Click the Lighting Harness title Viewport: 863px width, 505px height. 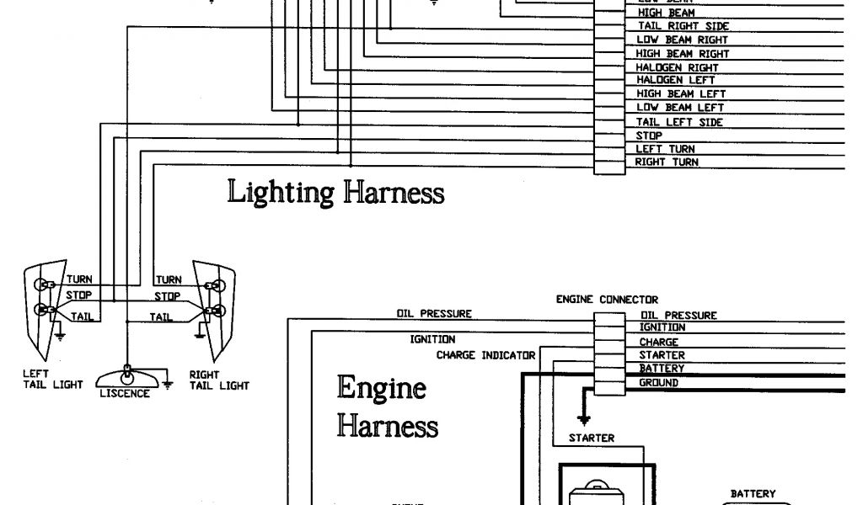point(335,193)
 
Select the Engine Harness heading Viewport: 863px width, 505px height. point(387,407)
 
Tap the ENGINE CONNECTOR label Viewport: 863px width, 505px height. point(607,299)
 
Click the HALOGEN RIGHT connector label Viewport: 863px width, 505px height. point(677,67)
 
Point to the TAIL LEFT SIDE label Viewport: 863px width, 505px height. point(679,122)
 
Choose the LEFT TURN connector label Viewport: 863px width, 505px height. point(665,149)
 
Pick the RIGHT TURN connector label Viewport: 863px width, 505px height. point(667,162)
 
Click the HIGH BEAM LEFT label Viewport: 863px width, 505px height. point(680,94)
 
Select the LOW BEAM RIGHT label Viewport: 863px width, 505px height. point(682,40)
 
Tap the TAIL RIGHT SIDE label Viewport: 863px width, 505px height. point(683,26)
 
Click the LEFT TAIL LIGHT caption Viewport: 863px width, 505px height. point(53,380)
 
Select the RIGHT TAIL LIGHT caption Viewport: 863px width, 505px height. point(219,380)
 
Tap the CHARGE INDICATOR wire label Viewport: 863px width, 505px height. point(485,355)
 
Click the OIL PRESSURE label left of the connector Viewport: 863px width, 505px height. point(434,314)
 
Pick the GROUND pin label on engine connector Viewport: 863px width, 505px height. point(658,383)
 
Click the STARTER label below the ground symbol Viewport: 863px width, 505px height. point(591,438)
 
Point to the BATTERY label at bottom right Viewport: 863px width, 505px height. point(753,494)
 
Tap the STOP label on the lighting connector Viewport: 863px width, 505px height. point(649,136)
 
